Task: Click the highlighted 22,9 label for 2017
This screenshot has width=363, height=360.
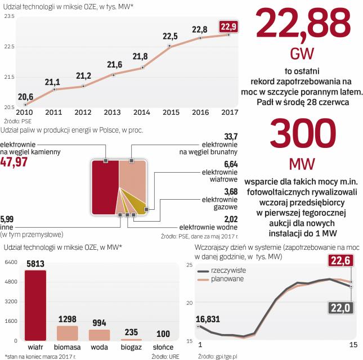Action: (228, 26)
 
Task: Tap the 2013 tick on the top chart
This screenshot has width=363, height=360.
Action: (113, 112)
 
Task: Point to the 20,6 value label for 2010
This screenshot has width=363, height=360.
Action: (25, 96)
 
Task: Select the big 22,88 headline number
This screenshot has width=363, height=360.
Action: (302, 26)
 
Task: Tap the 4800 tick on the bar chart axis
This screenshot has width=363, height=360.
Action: (11, 281)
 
